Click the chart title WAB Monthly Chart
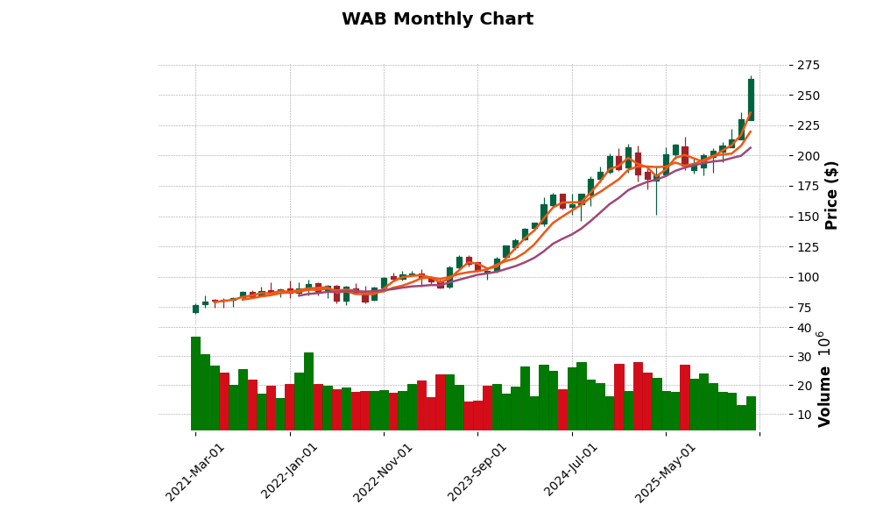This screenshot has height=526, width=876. [x=437, y=19]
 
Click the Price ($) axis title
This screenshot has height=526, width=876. [x=832, y=195]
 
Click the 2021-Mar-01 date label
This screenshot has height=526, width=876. [x=195, y=472]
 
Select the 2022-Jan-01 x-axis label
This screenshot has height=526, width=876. [x=290, y=472]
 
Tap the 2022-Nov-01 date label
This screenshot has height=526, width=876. [x=383, y=472]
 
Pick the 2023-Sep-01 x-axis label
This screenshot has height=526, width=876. [x=477, y=472]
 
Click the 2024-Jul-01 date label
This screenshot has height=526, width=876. [x=571, y=472]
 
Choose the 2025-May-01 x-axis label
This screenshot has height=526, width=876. [x=666, y=472]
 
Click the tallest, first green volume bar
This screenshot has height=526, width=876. [x=195, y=383]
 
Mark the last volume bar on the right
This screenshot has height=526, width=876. [x=751, y=413]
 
